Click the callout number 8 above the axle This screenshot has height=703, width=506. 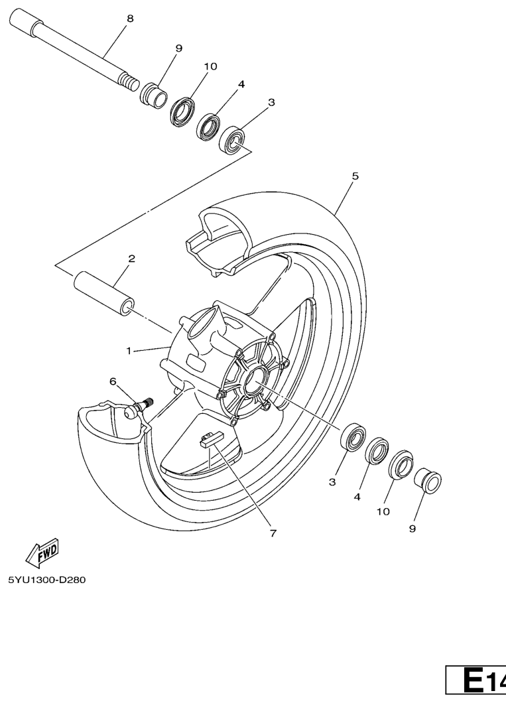point(130,19)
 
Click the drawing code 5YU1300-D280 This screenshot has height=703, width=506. point(46,580)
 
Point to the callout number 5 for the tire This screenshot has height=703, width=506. point(355,176)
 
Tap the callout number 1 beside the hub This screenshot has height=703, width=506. point(129,351)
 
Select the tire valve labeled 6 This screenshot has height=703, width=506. point(139,407)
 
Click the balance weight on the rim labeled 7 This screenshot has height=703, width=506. point(210,438)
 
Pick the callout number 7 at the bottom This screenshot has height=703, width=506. point(273,533)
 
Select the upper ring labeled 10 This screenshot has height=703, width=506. point(182,111)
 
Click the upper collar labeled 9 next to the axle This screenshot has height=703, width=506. point(153,95)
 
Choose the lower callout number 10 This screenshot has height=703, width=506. point(383,511)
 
